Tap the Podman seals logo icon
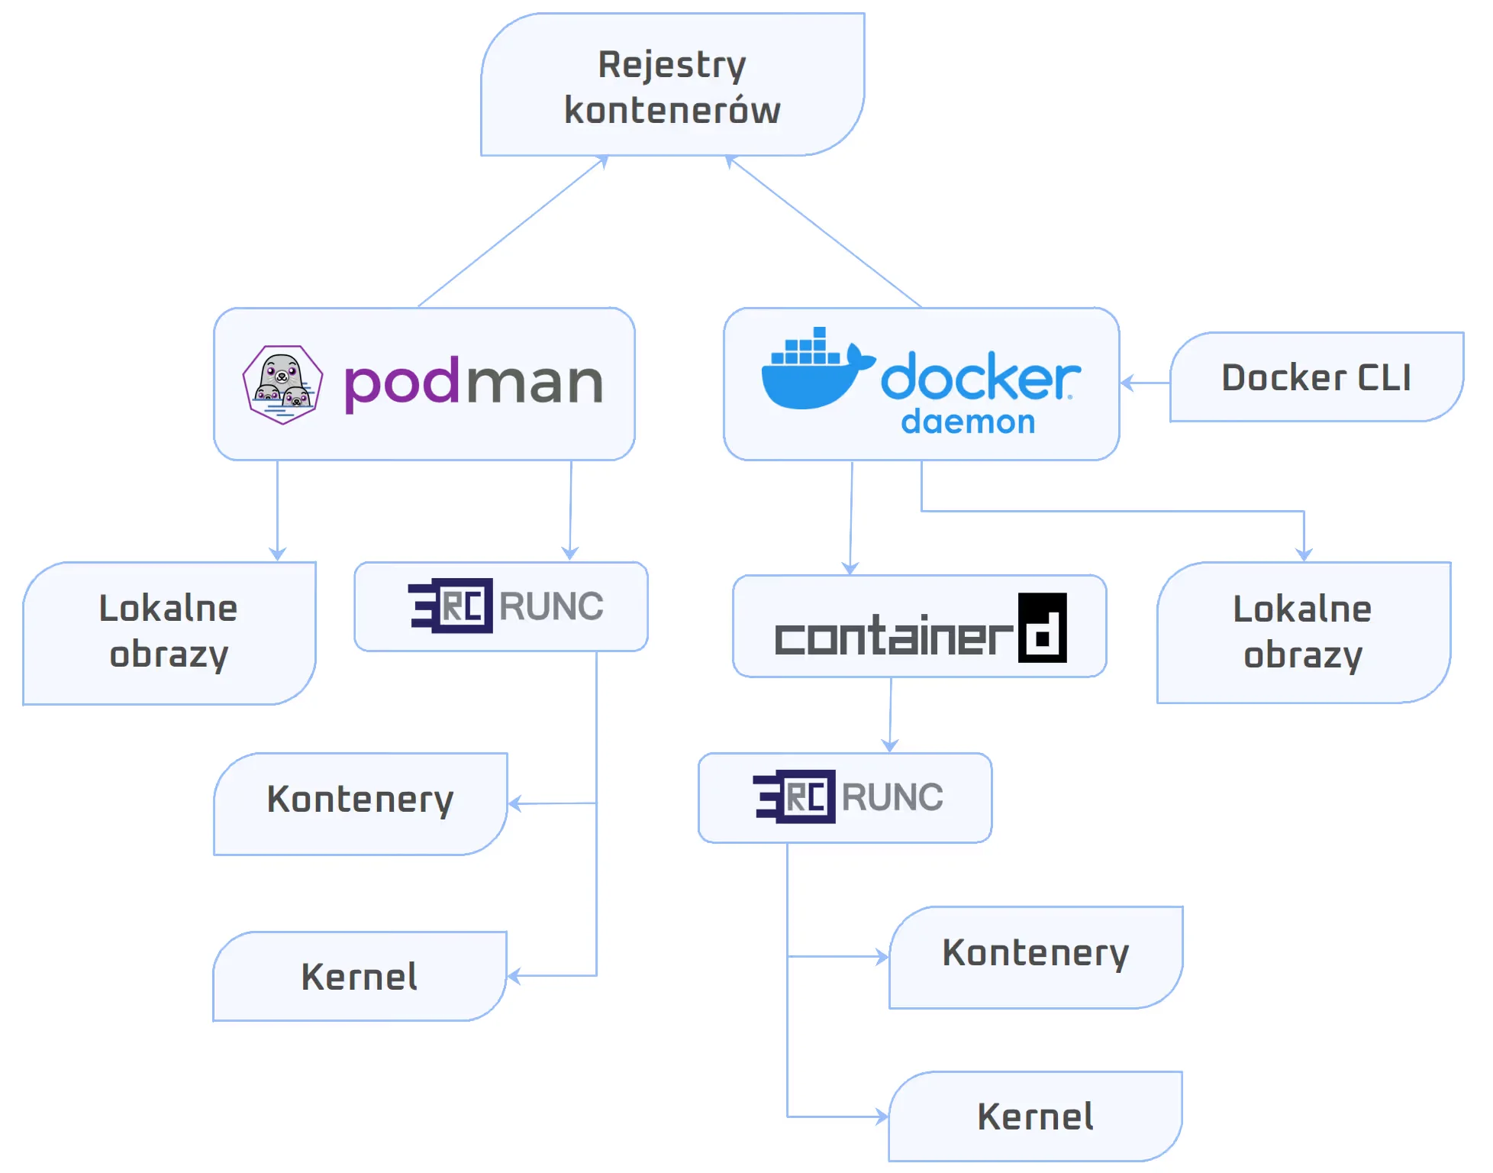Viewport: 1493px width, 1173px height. pyautogui.click(x=282, y=384)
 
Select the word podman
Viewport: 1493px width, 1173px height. pyautogui.click(x=473, y=383)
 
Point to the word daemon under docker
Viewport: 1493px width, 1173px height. pyautogui.click(x=968, y=422)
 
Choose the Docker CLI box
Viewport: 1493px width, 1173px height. pyautogui.click(x=1316, y=377)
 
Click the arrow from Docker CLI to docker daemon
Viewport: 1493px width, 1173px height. pyautogui.click(x=1145, y=383)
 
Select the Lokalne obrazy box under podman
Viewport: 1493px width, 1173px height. pyautogui.click(x=169, y=632)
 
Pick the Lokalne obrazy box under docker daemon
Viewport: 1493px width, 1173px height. pyautogui.click(x=1303, y=632)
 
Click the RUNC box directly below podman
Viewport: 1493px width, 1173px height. pyautogui.click(x=501, y=606)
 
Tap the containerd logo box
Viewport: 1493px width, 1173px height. pyautogui.click(x=919, y=626)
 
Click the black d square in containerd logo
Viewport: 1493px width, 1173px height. pyautogui.click(x=1042, y=628)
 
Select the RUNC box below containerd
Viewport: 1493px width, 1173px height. pyautogui.click(x=845, y=797)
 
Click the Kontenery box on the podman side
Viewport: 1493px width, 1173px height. pyautogui.click(x=360, y=803)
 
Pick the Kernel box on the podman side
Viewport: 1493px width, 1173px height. pyautogui.click(x=360, y=976)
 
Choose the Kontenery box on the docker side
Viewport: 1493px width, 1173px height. pyautogui.click(x=1036, y=956)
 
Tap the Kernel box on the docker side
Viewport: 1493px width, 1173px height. pyautogui.click(x=1036, y=1116)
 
